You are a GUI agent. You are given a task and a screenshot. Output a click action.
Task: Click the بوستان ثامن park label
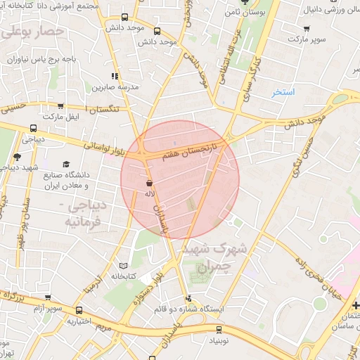240,13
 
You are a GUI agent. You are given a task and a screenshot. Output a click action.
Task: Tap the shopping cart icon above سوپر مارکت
307,29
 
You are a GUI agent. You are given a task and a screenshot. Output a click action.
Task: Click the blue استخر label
283,92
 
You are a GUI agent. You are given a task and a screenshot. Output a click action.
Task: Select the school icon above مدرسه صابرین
114,76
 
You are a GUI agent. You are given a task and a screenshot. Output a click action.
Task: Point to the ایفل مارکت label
61,116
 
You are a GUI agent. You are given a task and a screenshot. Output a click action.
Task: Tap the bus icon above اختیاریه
78,310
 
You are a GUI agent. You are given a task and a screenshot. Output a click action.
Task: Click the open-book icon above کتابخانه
124,266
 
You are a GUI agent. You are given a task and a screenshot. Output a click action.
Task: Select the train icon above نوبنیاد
219,328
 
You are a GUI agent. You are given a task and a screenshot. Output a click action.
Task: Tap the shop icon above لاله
149,182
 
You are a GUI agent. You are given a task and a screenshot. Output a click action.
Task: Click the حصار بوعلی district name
34,31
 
